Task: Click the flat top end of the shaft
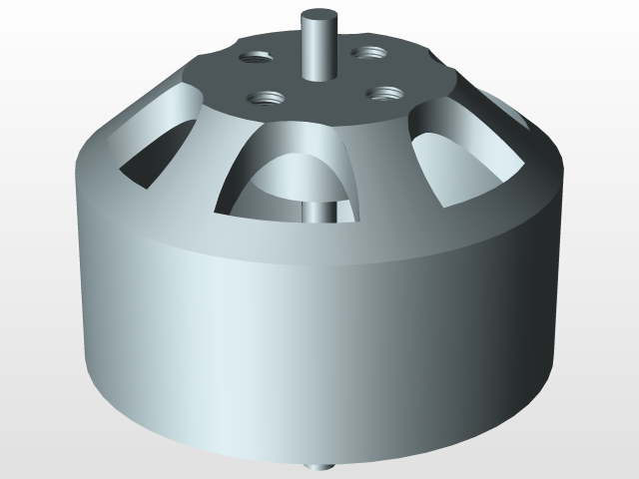click(x=319, y=18)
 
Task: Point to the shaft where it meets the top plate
click(x=319, y=74)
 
